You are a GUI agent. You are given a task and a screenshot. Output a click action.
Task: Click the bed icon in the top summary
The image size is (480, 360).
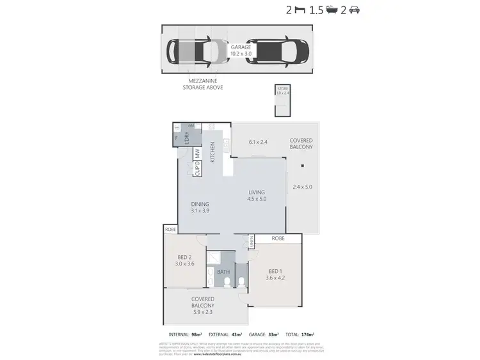[299, 10]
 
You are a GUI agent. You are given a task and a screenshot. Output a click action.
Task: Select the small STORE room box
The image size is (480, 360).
[282, 101]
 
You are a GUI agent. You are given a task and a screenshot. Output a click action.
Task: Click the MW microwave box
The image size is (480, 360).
[198, 154]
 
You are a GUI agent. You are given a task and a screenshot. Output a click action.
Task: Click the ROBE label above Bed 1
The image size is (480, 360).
[278, 238]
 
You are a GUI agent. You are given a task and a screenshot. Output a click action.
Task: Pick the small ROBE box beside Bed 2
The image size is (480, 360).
[170, 229]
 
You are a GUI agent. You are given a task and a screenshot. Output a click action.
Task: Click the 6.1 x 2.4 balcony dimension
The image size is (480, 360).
[258, 142]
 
